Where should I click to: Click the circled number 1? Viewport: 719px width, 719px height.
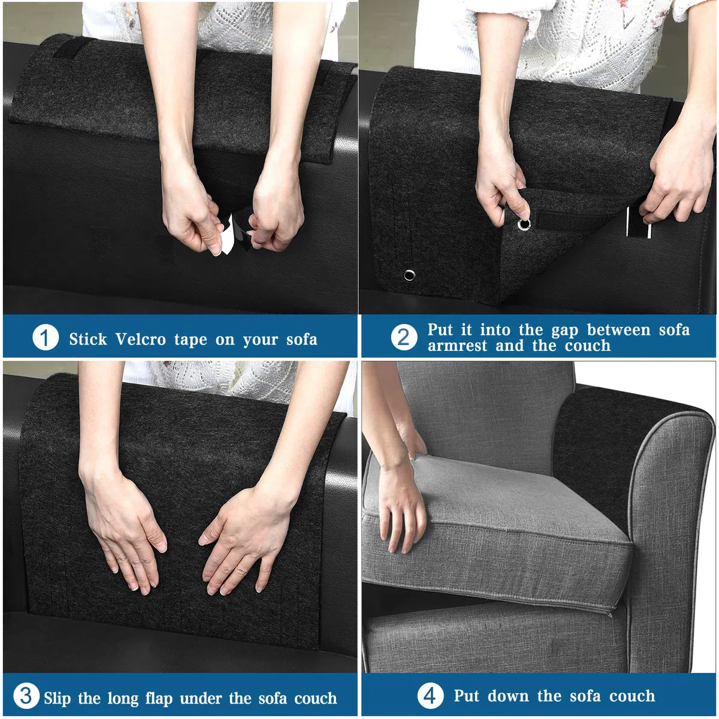[x=46, y=338]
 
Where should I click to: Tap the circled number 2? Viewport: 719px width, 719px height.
[x=404, y=338]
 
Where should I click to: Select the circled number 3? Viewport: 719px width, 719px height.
[x=26, y=696]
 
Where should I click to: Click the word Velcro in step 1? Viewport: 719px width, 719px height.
[x=140, y=340]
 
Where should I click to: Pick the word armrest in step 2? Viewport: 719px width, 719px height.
[x=457, y=346]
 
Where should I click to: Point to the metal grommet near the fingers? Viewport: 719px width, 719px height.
[x=524, y=224]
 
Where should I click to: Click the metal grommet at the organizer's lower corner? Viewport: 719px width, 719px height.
[x=409, y=276]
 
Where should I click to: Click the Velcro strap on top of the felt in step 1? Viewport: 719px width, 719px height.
[x=72, y=47]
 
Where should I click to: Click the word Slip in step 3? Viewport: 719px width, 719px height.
[x=57, y=698]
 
